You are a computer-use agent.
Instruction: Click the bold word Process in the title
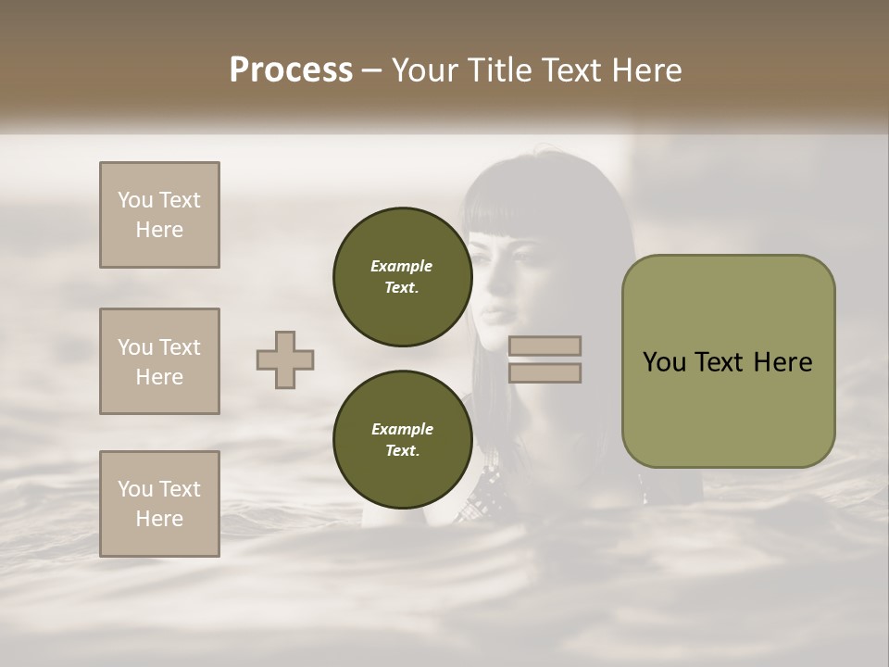(x=291, y=69)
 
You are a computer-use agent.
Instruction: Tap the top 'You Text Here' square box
(x=159, y=215)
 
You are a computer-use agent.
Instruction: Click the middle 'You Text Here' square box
(x=159, y=361)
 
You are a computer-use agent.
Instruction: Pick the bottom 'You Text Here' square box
(x=159, y=503)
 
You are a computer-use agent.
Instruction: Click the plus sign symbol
(x=285, y=359)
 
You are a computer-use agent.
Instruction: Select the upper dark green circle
(x=402, y=277)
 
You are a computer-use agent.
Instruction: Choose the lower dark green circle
(x=402, y=440)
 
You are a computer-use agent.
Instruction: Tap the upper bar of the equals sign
(x=545, y=346)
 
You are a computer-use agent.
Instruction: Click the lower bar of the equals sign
(x=545, y=372)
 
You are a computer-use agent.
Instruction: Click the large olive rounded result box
(x=728, y=360)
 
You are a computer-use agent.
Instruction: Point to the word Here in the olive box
(x=783, y=362)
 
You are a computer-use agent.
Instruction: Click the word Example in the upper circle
(x=402, y=266)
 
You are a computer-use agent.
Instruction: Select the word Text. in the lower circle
(x=402, y=451)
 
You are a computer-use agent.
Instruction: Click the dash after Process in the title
(x=372, y=71)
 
